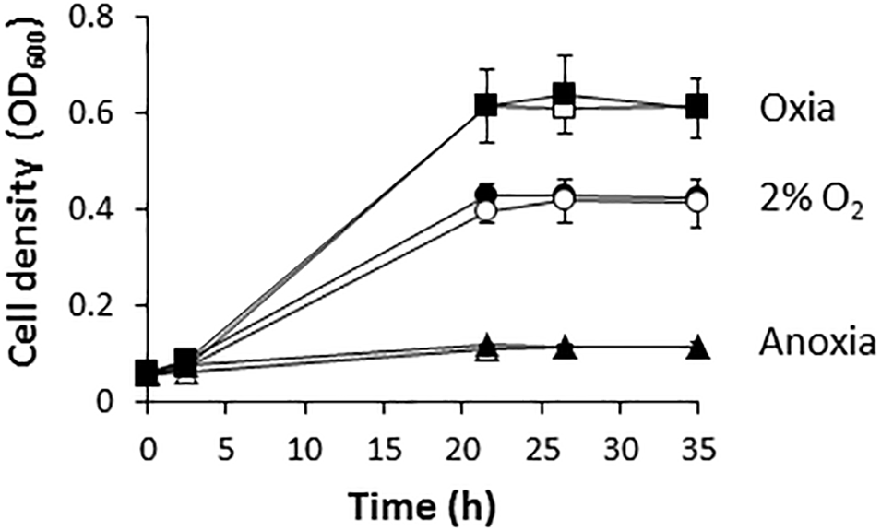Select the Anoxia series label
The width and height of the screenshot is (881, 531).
(x=816, y=345)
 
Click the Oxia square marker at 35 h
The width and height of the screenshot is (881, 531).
(x=697, y=107)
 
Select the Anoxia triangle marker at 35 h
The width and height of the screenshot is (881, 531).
(x=697, y=348)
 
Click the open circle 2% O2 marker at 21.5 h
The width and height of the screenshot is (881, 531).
(x=486, y=211)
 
